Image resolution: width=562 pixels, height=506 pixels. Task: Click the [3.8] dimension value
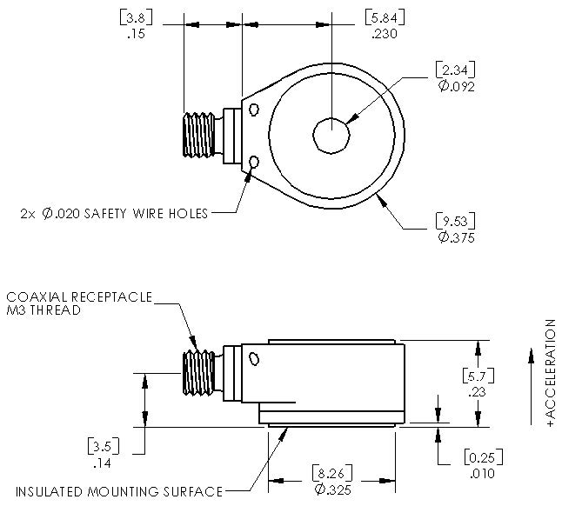[x=136, y=17]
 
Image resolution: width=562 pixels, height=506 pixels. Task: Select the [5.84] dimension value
[x=385, y=17]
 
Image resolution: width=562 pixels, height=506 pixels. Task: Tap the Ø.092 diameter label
[x=456, y=86]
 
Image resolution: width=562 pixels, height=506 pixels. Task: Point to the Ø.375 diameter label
[x=456, y=237]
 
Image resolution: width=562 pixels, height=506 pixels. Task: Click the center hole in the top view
[x=331, y=136]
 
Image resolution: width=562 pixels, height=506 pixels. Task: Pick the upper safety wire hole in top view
[x=254, y=110]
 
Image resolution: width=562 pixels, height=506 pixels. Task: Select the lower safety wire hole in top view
[x=254, y=163]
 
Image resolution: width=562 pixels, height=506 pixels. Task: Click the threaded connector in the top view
[x=199, y=135]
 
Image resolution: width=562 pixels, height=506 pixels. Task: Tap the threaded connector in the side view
[x=199, y=373]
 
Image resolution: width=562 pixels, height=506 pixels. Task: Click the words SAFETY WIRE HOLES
[x=145, y=214]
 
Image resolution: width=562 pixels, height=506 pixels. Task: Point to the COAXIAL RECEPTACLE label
[x=79, y=297]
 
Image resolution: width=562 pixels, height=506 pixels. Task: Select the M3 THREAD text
[x=43, y=310]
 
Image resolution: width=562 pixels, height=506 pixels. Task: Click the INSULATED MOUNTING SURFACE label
[x=119, y=491]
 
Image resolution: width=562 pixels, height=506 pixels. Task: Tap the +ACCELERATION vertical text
[x=551, y=374]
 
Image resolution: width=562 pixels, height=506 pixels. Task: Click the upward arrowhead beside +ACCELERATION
[x=532, y=356]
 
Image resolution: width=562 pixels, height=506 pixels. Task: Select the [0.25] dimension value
[x=484, y=457]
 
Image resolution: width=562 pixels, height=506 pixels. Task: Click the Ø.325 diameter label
[x=332, y=489]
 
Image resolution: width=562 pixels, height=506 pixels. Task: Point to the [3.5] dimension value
[x=104, y=446]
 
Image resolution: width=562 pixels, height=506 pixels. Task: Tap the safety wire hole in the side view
[x=254, y=359]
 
